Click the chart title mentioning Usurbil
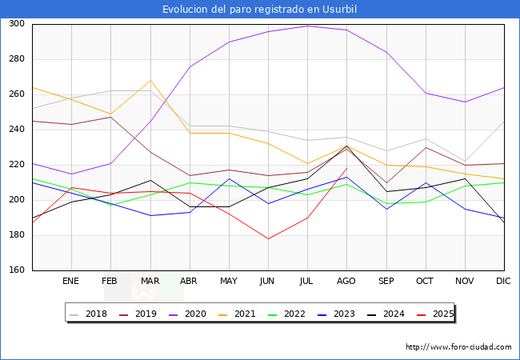[259, 10]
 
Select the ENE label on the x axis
[70, 282]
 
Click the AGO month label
[346, 282]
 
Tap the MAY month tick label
[229, 282]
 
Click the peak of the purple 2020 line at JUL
[307, 26]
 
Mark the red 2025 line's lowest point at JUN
[268, 238]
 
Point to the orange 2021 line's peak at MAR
[150, 80]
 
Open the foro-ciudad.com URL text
[458, 347]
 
